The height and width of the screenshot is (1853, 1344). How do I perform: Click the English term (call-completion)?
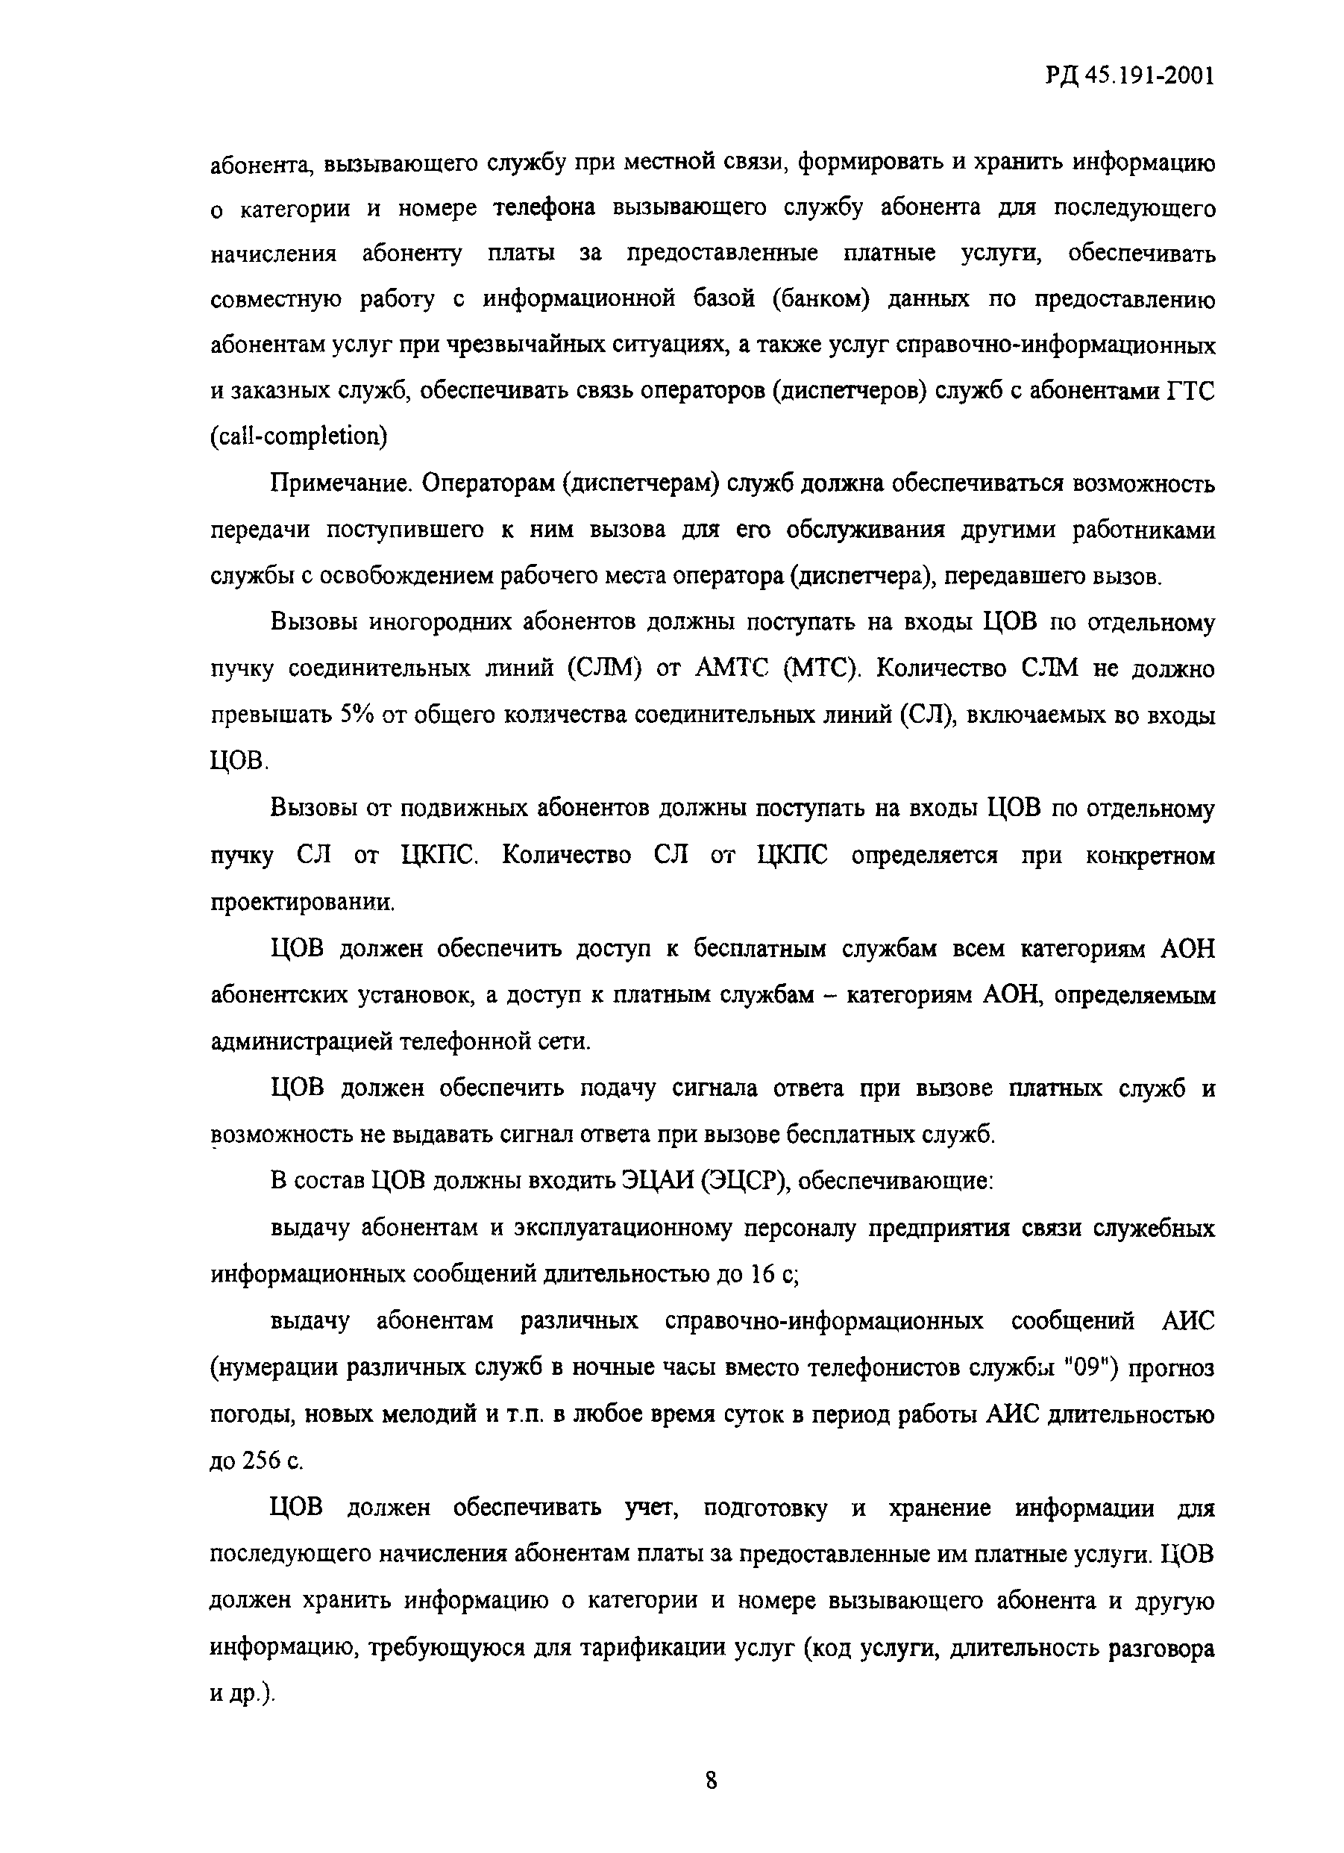(298, 436)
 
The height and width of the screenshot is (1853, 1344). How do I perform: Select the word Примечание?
(344, 483)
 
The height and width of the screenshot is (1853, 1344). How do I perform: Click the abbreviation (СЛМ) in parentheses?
(601, 669)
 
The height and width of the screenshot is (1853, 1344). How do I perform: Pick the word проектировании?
(301, 903)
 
